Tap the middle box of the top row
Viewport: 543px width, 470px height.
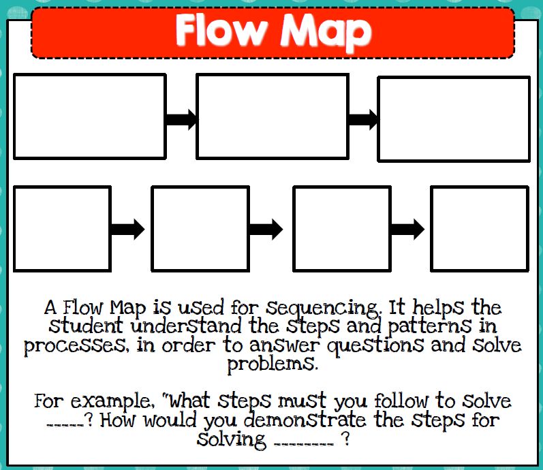click(x=272, y=116)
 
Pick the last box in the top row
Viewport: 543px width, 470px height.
click(x=454, y=119)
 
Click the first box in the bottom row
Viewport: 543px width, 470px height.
click(x=62, y=228)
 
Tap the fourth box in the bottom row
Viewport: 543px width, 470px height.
click(x=480, y=228)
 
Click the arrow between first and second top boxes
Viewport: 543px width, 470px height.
click(x=181, y=120)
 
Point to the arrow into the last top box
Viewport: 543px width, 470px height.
click(x=362, y=120)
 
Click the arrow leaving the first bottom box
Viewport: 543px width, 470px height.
click(x=127, y=229)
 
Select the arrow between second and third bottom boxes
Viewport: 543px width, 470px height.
click(x=266, y=229)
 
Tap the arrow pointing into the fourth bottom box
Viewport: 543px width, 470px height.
click(x=407, y=229)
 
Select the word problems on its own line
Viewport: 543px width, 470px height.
click(x=272, y=364)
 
